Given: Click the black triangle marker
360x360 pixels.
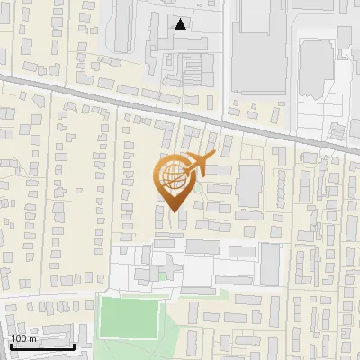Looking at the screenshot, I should click(x=181, y=24).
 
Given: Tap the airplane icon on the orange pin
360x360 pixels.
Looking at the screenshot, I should click(x=196, y=165).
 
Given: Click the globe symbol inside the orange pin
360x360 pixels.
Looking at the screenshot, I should click(x=174, y=178).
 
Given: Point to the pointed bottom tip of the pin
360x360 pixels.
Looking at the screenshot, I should click(x=175, y=212).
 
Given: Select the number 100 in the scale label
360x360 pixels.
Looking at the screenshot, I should click(x=19, y=338).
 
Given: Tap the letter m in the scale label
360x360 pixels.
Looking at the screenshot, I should click(x=33, y=338).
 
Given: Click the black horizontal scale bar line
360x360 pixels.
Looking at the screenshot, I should click(x=41, y=347).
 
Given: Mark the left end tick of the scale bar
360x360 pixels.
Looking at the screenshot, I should click(x=10, y=346).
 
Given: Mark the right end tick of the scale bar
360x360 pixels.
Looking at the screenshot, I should click(x=74, y=346).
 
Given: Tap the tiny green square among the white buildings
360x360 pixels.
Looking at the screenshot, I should click(x=163, y=275).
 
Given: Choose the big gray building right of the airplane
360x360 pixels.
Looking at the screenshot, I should click(x=249, y=184).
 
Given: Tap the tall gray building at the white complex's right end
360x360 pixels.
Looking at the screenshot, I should click(x=270, y=263).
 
